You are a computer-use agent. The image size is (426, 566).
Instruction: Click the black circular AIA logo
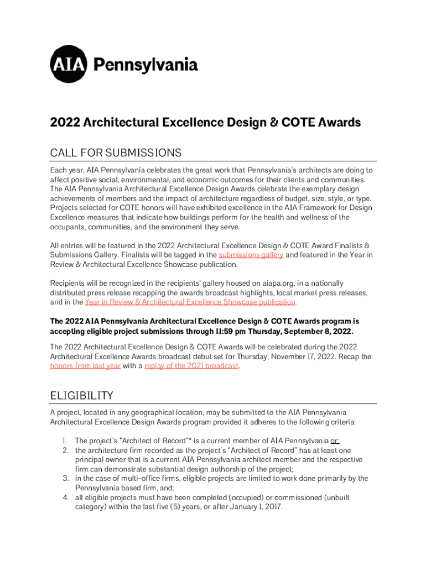coord(69,64)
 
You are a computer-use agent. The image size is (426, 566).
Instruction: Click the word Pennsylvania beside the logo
coord(146,65)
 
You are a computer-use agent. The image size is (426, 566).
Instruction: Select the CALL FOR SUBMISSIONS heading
coord(116,153)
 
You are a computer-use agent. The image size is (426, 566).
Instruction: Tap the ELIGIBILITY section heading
coord(81,395)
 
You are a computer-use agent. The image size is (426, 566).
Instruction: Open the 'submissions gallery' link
coord(251,255)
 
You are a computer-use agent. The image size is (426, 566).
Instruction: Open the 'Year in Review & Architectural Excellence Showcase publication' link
coord(190,302)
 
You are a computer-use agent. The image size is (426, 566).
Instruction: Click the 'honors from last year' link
coord(85,366)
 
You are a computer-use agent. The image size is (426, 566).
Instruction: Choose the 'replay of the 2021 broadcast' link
coord(191,366)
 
